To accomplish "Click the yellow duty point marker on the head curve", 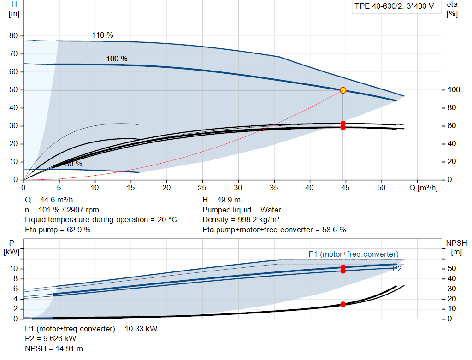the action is coord(343,90).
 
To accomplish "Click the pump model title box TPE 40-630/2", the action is coord(394,6).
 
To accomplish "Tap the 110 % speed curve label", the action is coord(103,35).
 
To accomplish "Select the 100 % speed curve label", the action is coord(117,59).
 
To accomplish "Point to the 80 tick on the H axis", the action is coord(13,35).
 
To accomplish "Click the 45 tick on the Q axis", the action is coord(345,188).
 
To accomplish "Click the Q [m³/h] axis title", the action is coord(424,188).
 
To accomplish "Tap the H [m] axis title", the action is coord(14,9).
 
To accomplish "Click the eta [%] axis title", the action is coord(452,9).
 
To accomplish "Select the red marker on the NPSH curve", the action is coord(343,304).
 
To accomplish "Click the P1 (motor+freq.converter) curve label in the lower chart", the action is coord(354,254).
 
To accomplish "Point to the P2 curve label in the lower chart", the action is coord(397,269).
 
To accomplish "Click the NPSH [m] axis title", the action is coord(456,248).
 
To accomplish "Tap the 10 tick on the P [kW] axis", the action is coord(13,268).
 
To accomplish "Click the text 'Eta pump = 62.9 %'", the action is coord(58,230).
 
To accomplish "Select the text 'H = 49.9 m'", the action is coord(222,200).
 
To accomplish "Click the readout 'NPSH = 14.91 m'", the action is coord(54,348).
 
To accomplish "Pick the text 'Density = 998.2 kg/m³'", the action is coord(241,219).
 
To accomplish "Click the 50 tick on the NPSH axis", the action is coord(452,268).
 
